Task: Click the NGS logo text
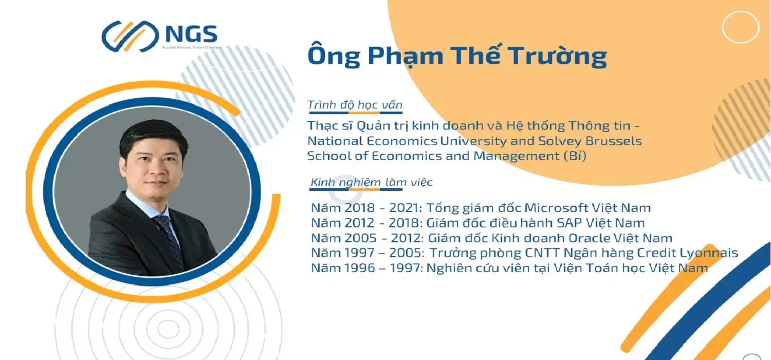191,34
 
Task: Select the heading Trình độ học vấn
355,105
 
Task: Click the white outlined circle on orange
740,27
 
